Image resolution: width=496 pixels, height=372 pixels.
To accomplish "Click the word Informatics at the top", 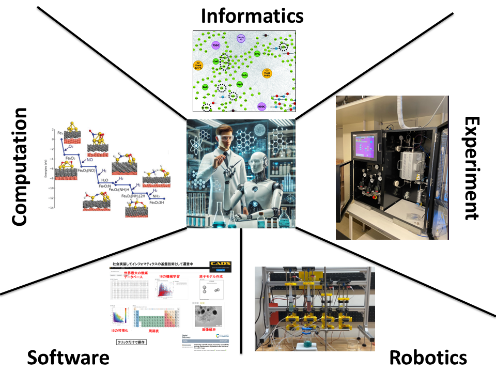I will [x=252, y=16].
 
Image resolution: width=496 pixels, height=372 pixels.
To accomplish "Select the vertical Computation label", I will [x=19, y=166].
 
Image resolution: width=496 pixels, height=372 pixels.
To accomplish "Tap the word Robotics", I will [x=428, y=357].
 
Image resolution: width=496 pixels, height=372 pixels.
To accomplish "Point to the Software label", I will [x=68, y=358].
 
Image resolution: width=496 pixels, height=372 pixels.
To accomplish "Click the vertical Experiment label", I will [x=472, y=168].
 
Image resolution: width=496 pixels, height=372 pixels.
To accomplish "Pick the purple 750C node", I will [x=216, y=47].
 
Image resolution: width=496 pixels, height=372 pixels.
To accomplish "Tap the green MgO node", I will [x=240, y=84].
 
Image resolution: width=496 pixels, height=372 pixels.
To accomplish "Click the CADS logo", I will [x=220, y=266].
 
